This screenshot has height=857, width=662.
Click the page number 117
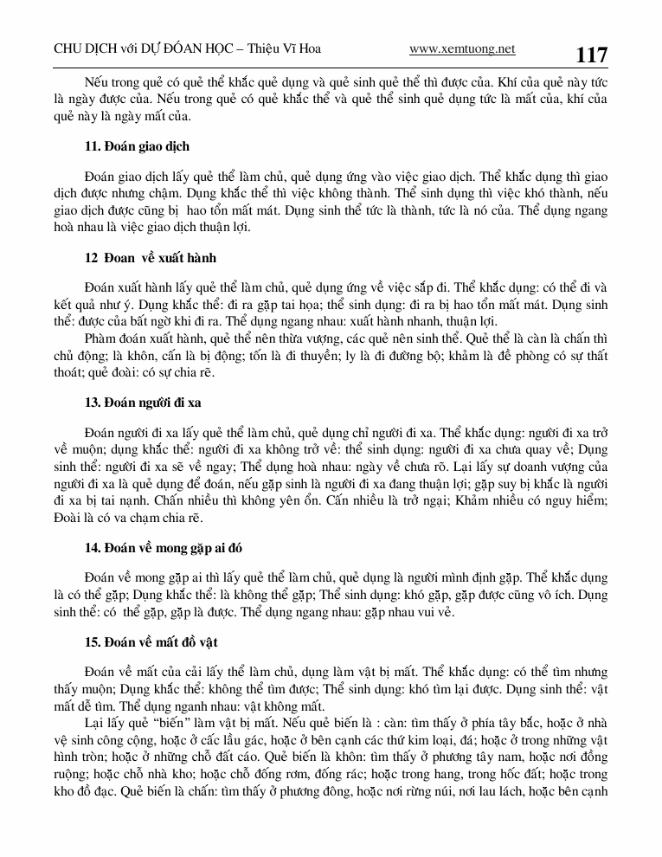tap(591, 55)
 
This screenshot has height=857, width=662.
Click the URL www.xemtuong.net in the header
tap(462, 48)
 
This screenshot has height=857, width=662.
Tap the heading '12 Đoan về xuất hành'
tap(151, 258)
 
